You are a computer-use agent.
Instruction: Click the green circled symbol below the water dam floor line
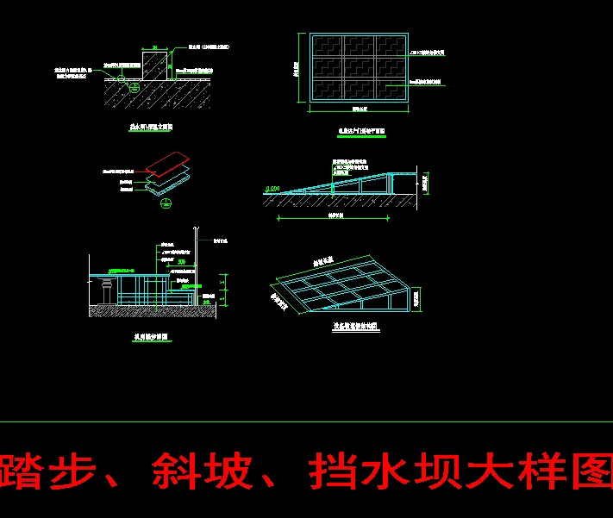point(134,86)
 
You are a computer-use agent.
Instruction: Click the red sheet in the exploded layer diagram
point(168,162)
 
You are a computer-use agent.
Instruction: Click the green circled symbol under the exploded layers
point(166,203)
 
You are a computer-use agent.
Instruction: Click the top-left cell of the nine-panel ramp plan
point(328,46)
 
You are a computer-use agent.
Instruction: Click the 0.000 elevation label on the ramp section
point(273,188)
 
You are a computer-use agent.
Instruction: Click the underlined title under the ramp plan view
point(360,132)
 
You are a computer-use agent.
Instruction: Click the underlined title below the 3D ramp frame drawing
point(356,327)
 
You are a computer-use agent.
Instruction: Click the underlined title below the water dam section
point(150,127)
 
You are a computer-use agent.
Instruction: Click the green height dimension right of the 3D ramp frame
point(418,298)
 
